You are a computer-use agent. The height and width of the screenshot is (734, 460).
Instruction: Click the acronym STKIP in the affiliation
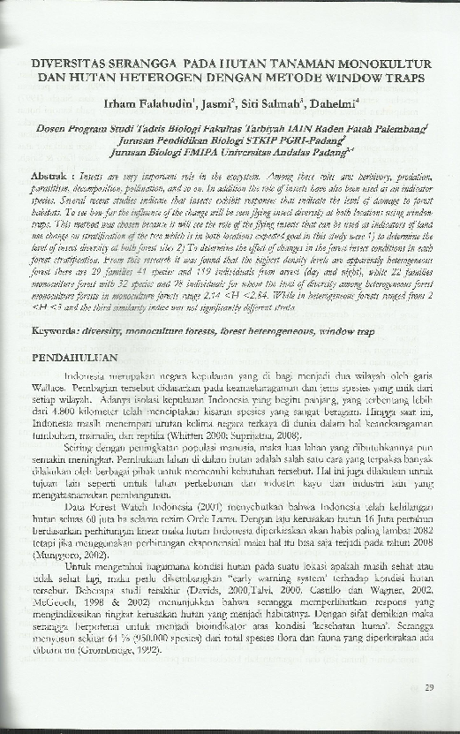pyautogui.click(x=271, y=140)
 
